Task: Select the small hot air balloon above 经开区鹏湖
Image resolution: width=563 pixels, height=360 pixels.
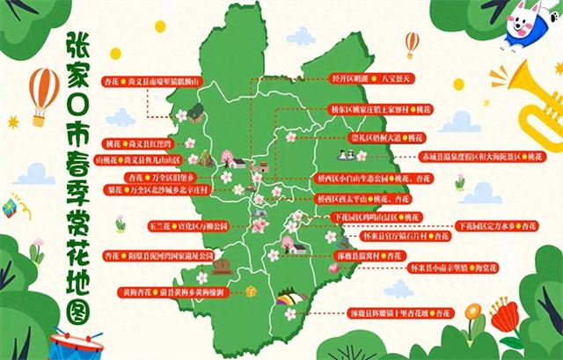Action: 412,43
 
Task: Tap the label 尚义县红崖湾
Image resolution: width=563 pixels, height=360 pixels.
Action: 150,142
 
